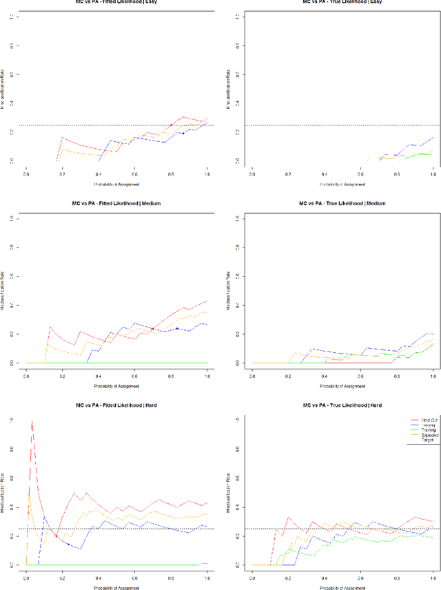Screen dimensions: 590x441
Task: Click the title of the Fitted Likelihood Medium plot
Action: (116, 203)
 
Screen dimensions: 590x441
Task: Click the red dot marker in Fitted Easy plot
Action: (171, 125)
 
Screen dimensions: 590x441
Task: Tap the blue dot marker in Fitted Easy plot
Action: (183, 133)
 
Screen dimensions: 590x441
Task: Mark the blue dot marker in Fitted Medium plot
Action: (177, 328)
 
